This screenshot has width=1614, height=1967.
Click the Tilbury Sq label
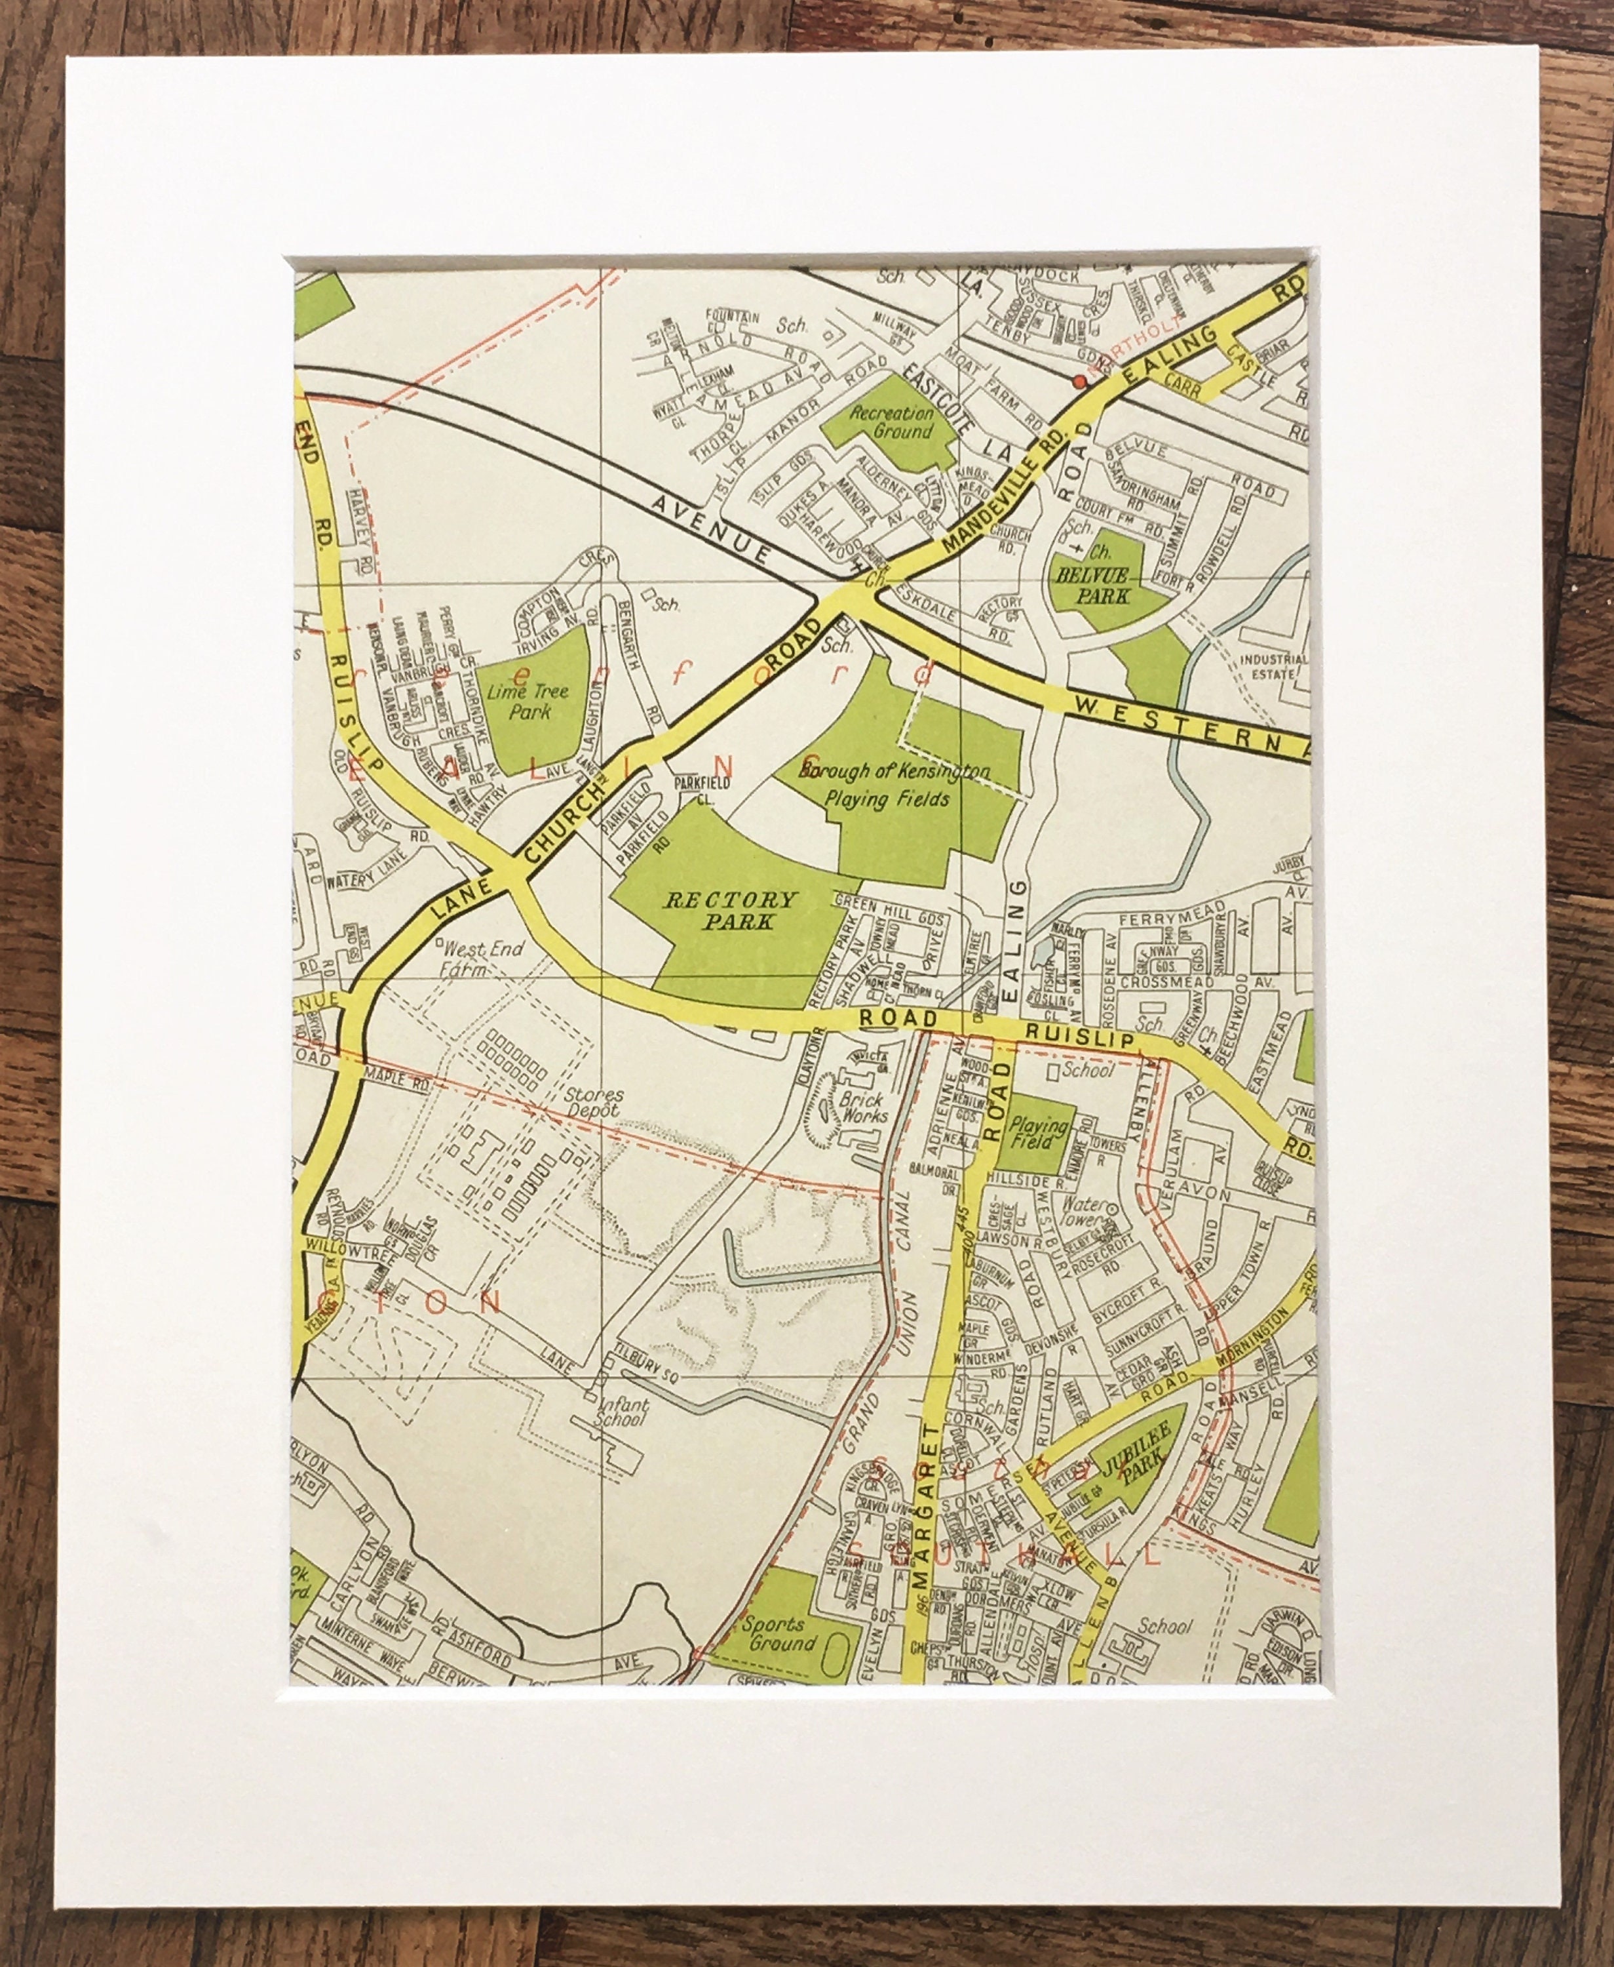click(647, 1380)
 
